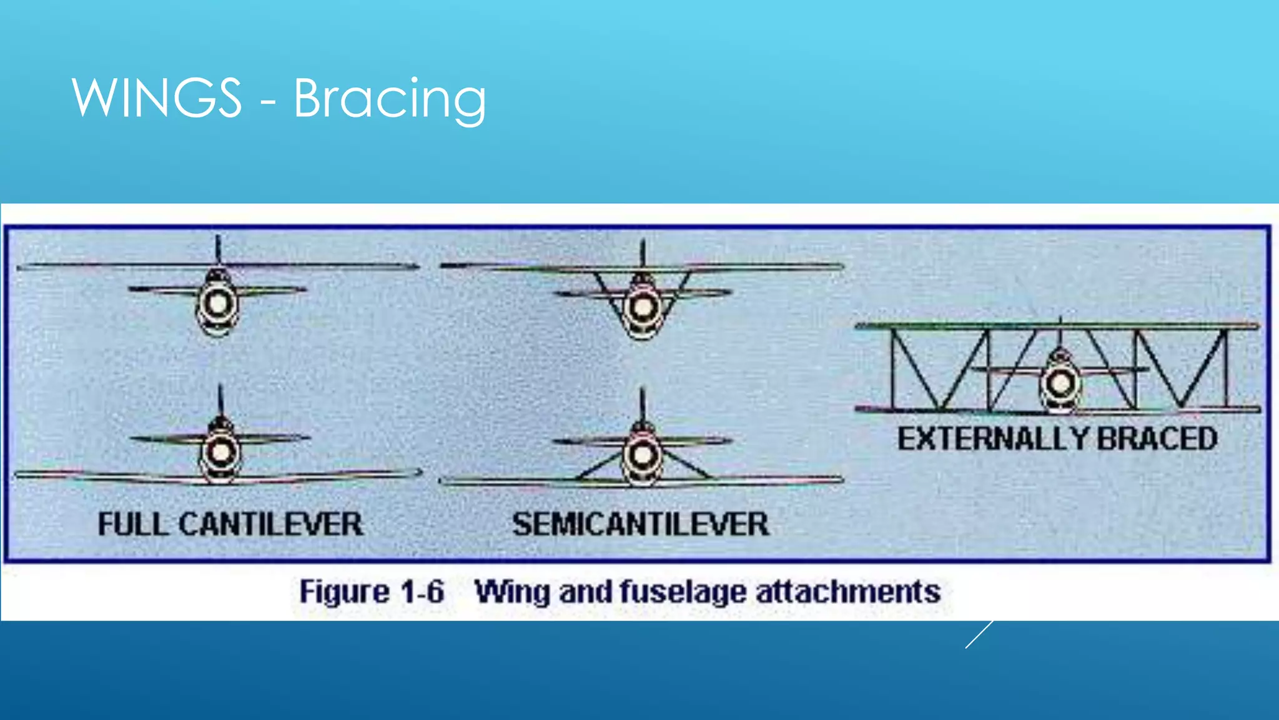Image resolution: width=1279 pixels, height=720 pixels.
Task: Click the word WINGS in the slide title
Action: [x=156, y=97]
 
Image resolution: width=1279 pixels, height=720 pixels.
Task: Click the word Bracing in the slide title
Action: [x=390, y=100]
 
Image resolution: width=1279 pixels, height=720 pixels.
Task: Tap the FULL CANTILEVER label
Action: [x=230, y=524]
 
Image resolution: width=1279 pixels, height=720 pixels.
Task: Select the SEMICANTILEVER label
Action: [x=640, y=524]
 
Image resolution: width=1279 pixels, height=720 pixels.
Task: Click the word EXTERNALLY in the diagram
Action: [x=993, y=438]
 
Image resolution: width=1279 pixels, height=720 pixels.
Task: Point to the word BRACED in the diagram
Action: [x=1157, y=438]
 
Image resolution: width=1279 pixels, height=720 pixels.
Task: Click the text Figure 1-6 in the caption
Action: [x=372, y=591]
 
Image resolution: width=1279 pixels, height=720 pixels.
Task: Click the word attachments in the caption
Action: [x=848, y=591]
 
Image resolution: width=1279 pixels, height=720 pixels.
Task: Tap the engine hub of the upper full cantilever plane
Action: [x=218, y=304]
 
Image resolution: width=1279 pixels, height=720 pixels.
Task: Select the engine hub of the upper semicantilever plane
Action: [x=643, y=307]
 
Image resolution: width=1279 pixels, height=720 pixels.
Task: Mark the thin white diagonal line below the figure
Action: [x=979, y=634]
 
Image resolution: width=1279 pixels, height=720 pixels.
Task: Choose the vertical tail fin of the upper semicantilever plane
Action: [x=643, y=253]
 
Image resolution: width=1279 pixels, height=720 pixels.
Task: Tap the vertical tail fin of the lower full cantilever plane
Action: [x=220, y=400]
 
